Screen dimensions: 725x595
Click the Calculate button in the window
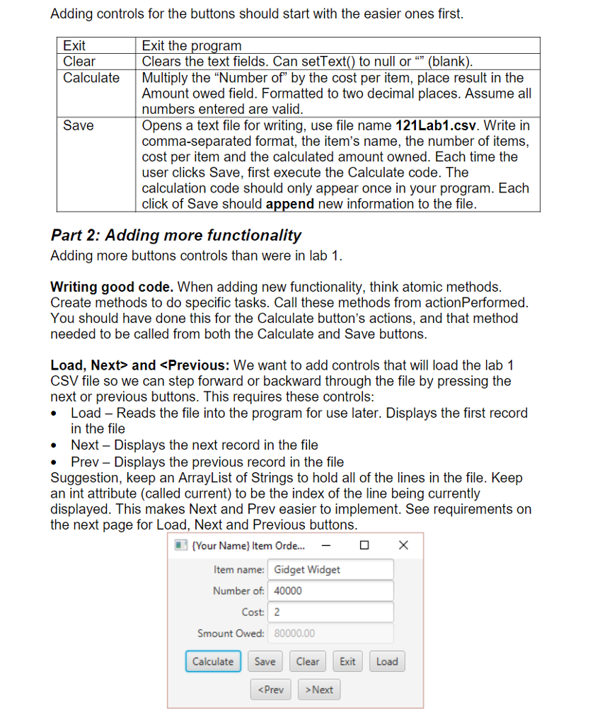(213, 661)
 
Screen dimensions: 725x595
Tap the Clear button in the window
(307, 661)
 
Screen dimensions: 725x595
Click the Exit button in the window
(347, 661)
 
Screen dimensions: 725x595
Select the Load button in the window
(387, 661)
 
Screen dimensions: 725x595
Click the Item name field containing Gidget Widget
(330, 569)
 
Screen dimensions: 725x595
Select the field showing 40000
(330, 590)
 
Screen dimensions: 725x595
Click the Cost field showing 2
(330, 612)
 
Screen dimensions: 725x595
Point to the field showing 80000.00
(330, 633)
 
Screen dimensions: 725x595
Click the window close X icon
(403, 545)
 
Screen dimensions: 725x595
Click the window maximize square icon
(364, 545)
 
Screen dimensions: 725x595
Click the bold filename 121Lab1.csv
(437, 125)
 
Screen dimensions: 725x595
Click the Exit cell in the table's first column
(75, 46)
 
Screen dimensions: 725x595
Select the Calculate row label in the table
(91, 78)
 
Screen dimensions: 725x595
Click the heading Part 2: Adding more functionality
(176, 235)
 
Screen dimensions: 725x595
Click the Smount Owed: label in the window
(231, 633)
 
